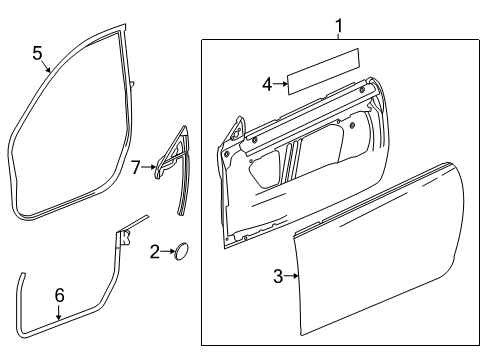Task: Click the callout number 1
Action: [338, 24]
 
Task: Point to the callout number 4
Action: [267, 84]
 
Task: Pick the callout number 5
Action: [37, 52]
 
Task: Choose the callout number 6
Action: [58, 294]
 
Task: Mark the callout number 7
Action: [136, 167]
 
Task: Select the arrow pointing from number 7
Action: [149, 167]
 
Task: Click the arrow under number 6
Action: [58, 311]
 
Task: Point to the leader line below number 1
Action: [338, 34]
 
